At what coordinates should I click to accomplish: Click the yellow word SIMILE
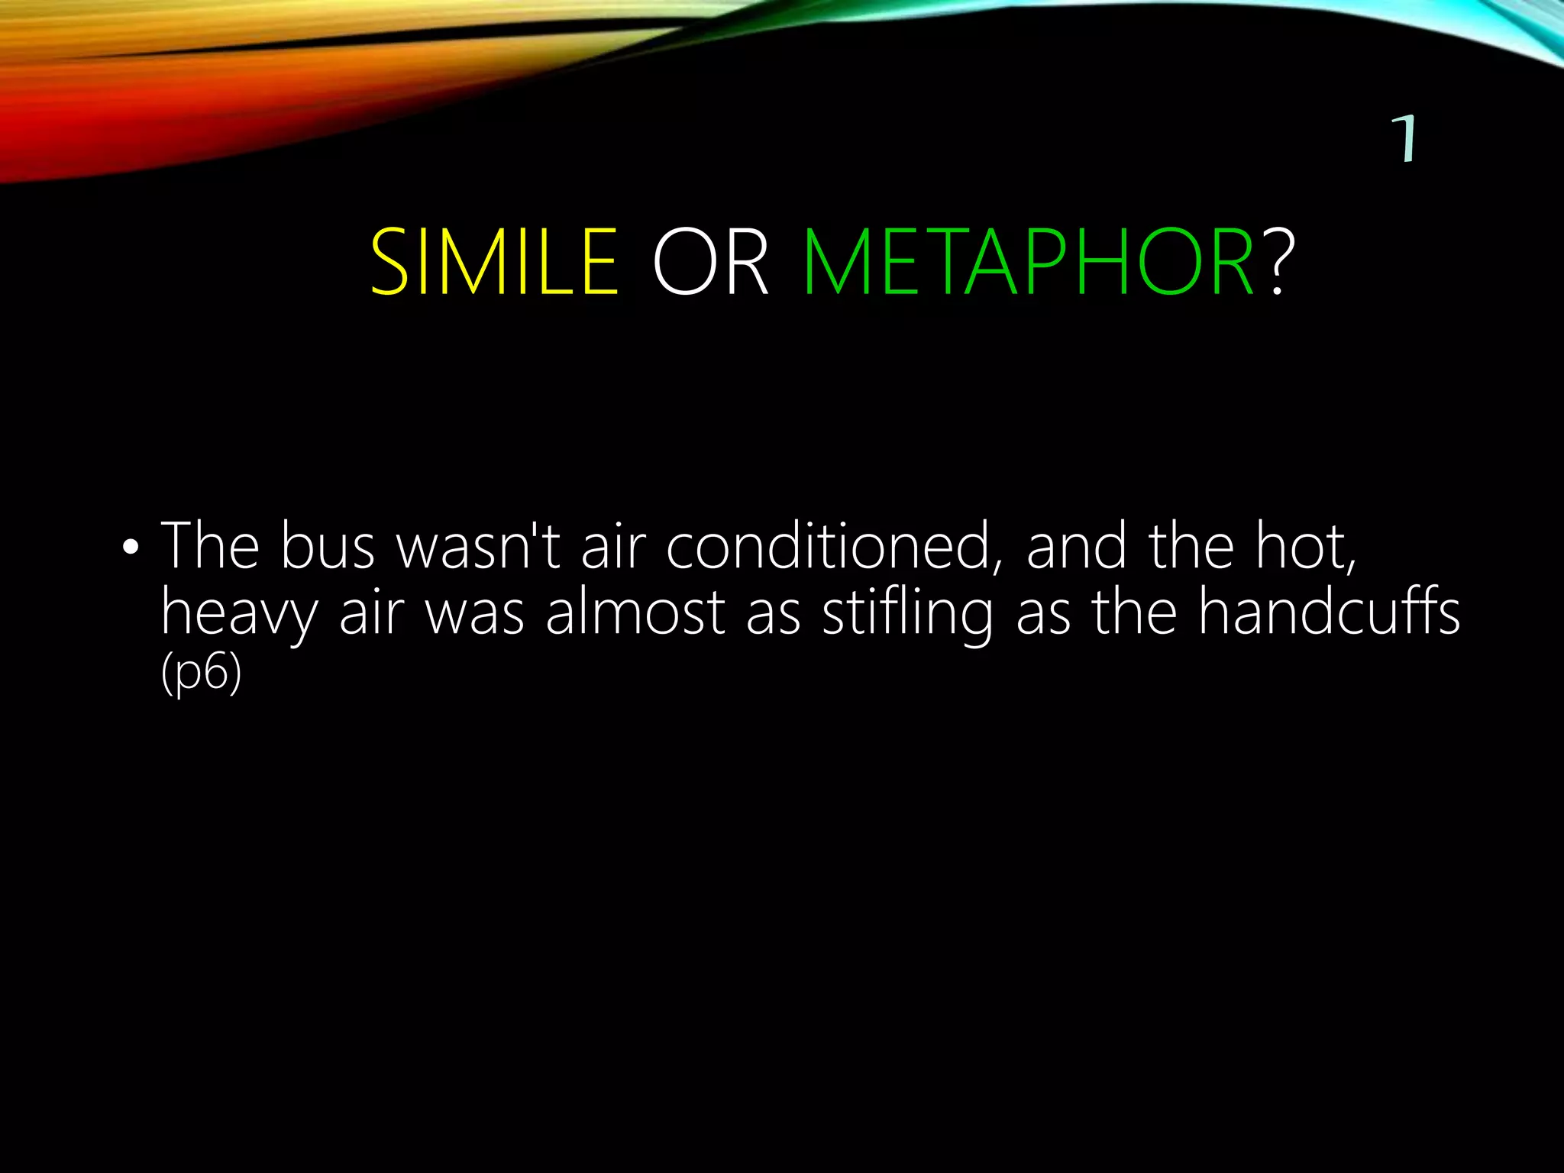click(x=494, y=263)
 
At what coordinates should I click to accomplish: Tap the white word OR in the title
click(x=710, y=263)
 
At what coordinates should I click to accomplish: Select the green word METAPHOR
click(x=1029, y=263)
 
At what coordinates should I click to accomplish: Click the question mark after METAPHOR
click(x=1282, y=263)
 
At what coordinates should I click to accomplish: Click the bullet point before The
click(x=131, y=548)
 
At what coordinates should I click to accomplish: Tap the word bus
click(x=328, y=547)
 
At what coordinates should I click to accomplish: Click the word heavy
click(x=239, y=614)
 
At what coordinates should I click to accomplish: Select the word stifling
click(x=907, y=614)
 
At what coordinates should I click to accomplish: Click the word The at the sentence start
click(x=210, y=547)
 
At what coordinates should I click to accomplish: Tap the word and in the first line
click(x=1076, y=547)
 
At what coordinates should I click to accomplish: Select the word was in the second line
click(x=474, y=614)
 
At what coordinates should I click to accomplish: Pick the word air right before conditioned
click(x=613, y=547)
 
